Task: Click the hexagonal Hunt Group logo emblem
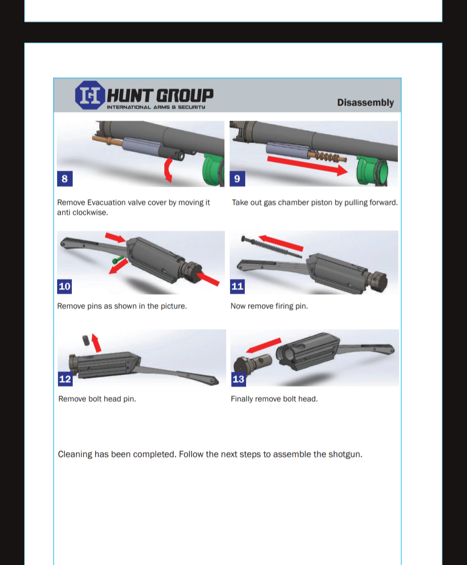[x=90, y=95]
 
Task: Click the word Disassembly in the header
[x=365, y=103]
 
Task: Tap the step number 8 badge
[x=65, y=179]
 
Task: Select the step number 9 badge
[x=237, y=179]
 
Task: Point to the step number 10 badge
[x=64, y=286]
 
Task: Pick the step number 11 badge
[x=237, y=286]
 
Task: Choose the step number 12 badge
[x=65, y=379]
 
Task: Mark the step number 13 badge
[x=239, y=379]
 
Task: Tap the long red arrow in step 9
[x=307, y=165]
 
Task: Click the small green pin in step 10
[x=118, y=260]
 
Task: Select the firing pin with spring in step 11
[x=272, y=247]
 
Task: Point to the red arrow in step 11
[x=281, y=243]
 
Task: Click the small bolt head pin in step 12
[x=86, y=341]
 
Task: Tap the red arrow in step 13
[x=264, y=345]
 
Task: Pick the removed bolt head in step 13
[x=252, y=363]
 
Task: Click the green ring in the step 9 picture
[x=372, y=171]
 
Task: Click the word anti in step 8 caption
[x=64, y=213]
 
